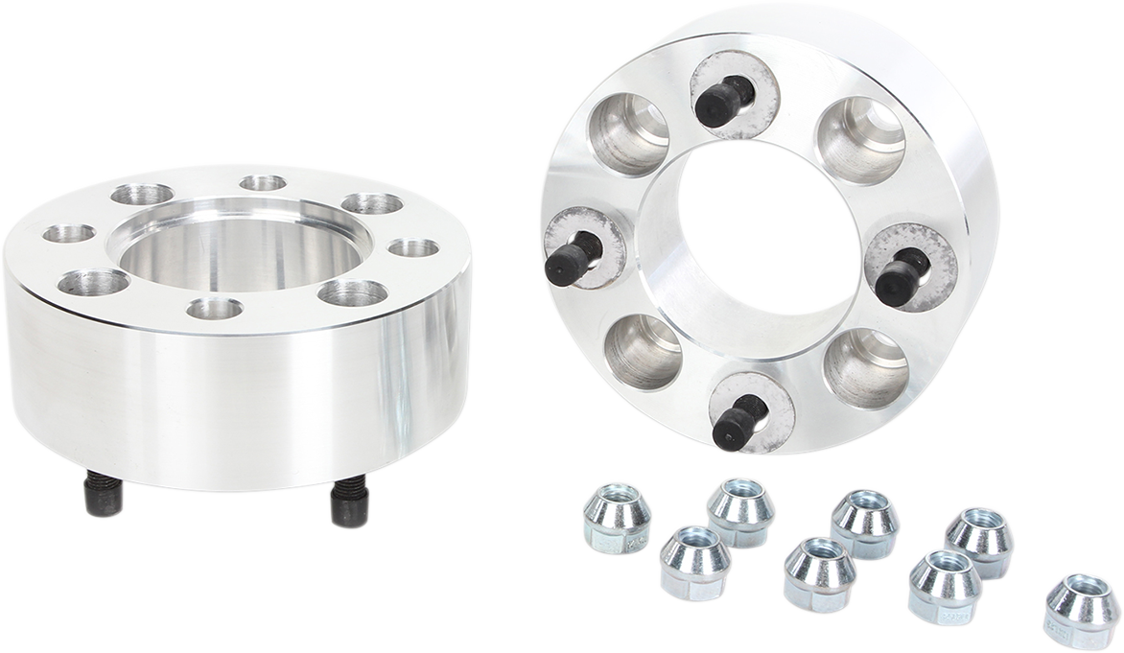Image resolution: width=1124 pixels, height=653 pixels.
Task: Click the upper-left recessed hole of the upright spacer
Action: coord(629,133)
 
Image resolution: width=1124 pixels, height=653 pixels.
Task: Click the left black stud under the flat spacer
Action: coord(104,495)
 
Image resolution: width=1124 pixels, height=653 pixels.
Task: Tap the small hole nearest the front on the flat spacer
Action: coord(214,309)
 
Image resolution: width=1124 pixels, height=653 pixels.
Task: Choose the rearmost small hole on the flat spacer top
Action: coord(263,182)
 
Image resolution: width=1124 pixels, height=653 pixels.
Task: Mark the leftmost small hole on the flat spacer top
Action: coord(69,233)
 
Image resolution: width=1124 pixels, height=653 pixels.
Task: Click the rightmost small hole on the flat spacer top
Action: coord(414,248)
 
